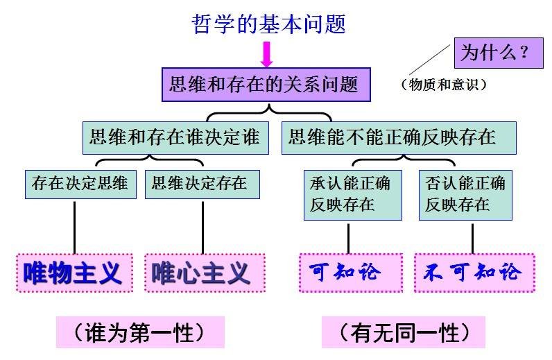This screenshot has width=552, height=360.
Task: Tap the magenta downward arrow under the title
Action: pyautogui.click(x=267, y=54)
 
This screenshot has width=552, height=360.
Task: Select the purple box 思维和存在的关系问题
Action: pyautogui.click(x=266, y=85)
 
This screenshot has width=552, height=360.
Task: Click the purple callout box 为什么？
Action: pyautogui.click(x=497, y=52)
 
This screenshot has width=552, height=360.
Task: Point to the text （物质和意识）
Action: pyautogui.click(x=444, y=85)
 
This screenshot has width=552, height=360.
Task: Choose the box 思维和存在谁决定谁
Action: pyautogui.click(x=175, y=137)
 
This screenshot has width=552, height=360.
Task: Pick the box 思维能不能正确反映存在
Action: pyautogui.click(x=398, y=137)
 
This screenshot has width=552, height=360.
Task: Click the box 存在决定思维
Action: pyautogui.click(x=80, y=184)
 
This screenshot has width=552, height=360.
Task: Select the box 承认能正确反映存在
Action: pyautogui.click(x=353, y=194)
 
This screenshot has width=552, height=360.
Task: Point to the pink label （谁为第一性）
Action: pyautogui.click(x=140, y=333)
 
